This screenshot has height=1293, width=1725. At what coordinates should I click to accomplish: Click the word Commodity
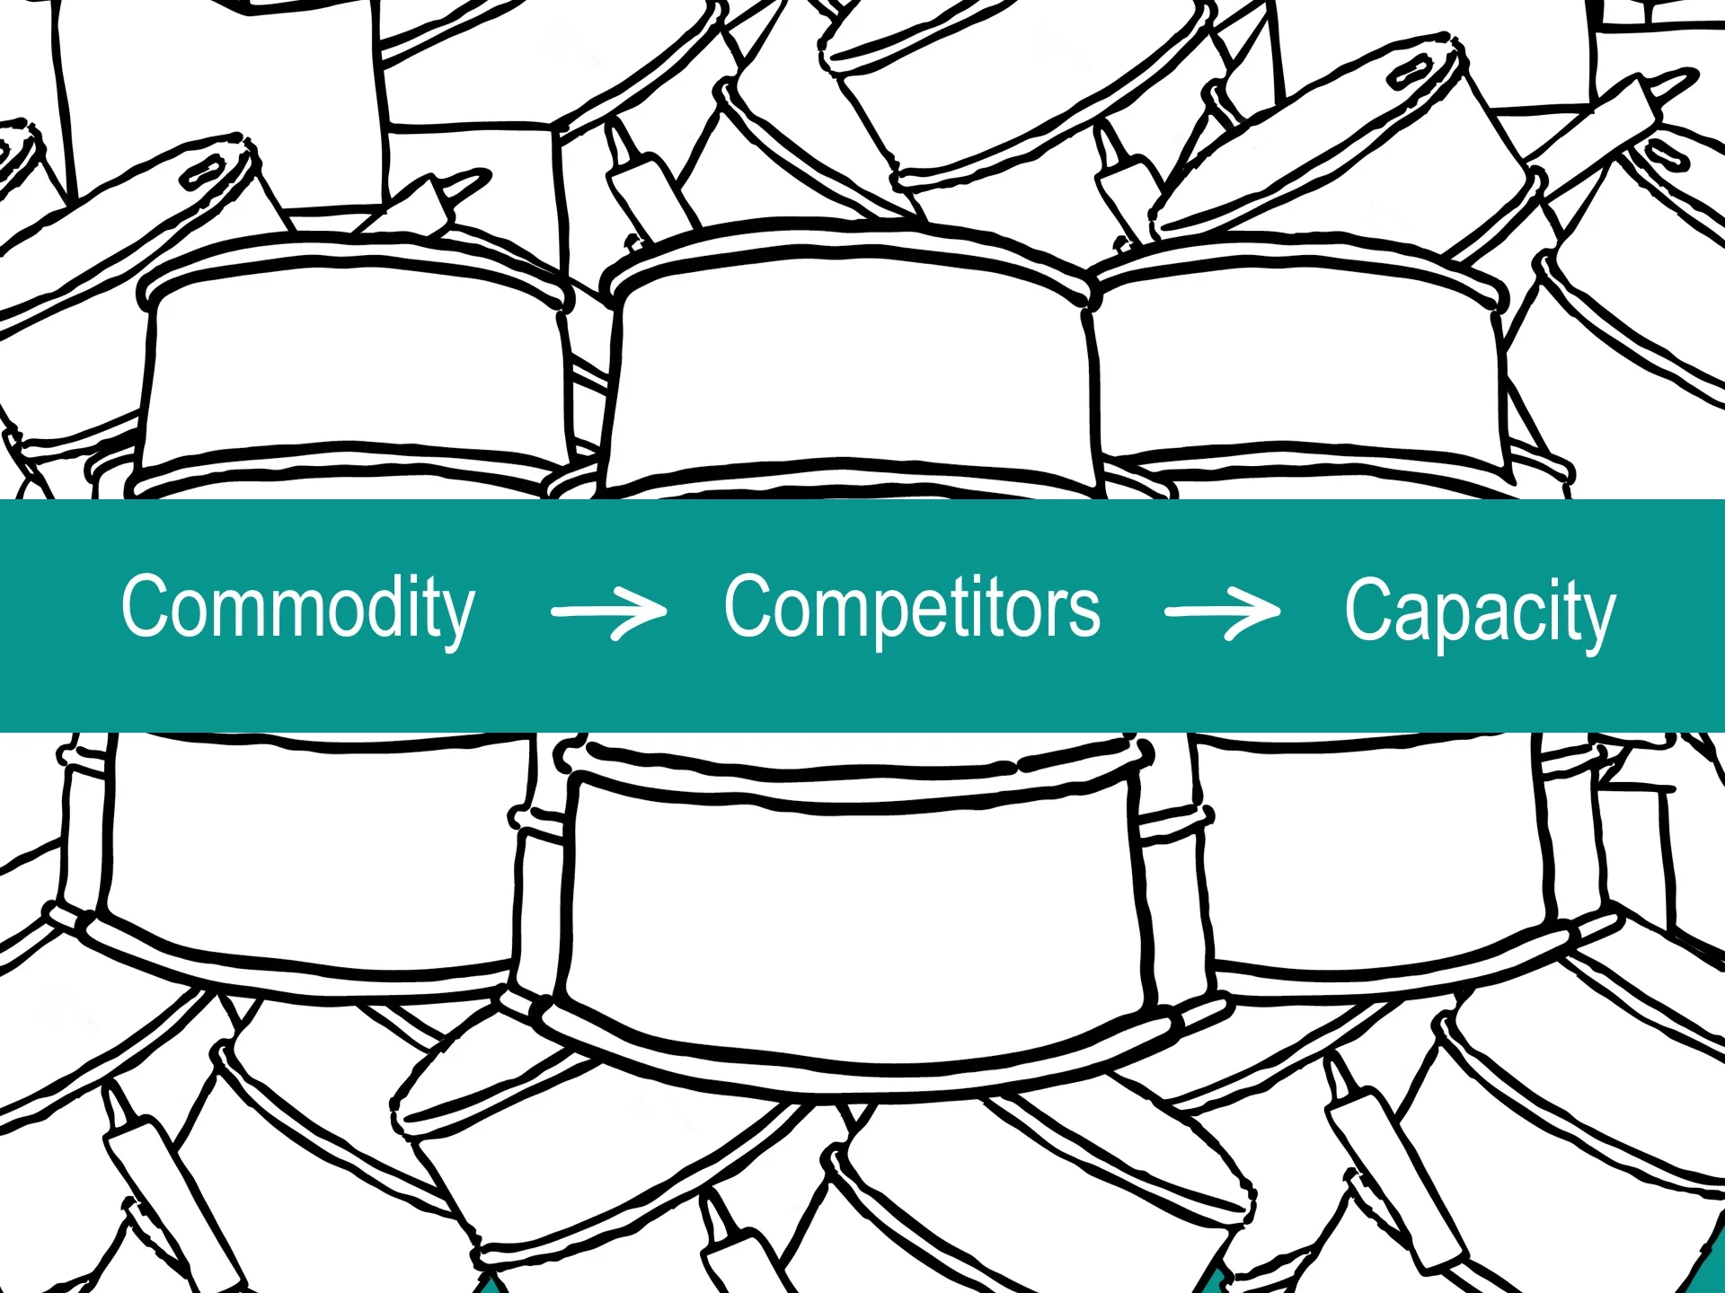(x=297, y=610)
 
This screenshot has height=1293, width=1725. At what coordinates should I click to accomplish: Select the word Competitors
(x=912, y=610)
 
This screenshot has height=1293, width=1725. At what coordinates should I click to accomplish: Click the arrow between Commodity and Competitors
(x=609, y=611)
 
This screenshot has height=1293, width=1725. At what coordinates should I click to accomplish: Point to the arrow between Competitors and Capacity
(x=1223, y=611)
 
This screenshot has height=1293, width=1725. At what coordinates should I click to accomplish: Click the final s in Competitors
(x=1085, y=615)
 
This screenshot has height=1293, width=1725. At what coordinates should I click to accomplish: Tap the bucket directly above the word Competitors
(x=849, y=359)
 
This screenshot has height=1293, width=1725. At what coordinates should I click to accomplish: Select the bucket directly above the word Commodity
(x=355, y=368)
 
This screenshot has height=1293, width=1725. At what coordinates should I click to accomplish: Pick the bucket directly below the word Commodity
(x=305, y=853)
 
